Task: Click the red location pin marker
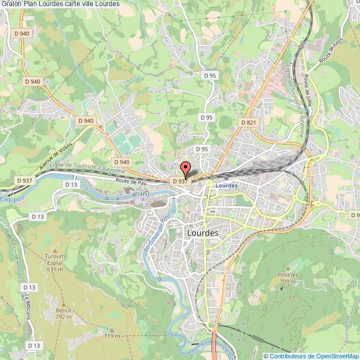tap(186, 167)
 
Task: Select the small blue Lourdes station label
tap(227, 185)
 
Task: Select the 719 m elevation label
tap(112, 336)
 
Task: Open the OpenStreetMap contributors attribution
tap(311, 356)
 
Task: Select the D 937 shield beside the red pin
tap(180, 181)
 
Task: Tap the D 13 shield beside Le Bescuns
tap(29, 287)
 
